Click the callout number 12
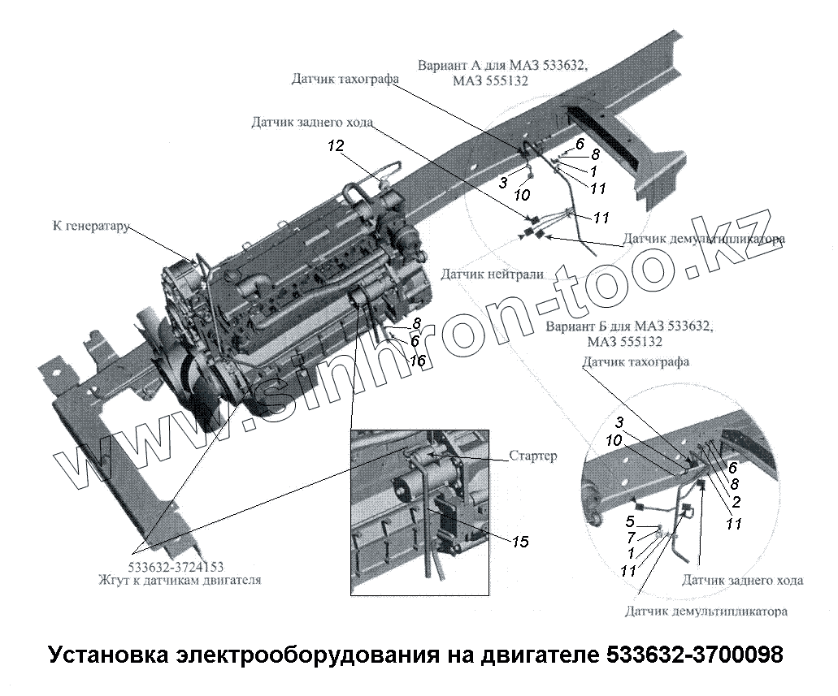(337, 146)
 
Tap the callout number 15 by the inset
(519, 542)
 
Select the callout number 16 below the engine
(418, 361)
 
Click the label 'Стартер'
(533, 456)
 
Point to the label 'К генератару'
(91, 226)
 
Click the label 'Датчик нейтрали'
(493, 275)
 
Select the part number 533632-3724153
(176, 567)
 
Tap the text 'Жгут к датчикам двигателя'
(180, 580)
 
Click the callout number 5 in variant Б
(630, 521)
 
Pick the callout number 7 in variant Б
(632, 537)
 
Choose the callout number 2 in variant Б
(736, 502)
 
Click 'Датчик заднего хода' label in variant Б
(742, 581)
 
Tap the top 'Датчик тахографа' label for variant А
(345, 79)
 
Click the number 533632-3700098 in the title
(695, 655)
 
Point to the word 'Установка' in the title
(107, 655)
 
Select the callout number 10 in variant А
(521, 195)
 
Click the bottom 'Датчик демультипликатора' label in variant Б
(706, 611)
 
